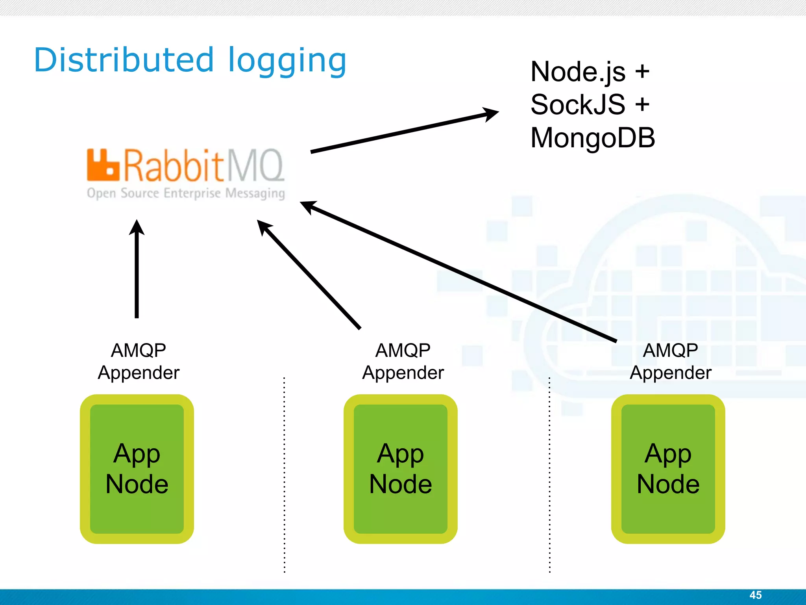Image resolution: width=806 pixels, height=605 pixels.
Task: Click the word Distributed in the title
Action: [x=124, y=60]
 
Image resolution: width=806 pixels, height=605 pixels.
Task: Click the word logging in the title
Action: [x=287, y=61]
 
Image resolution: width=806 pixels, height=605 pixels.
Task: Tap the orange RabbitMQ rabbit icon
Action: [x=103, y=165]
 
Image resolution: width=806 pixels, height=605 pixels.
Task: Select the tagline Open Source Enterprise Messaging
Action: [x=186, y=193]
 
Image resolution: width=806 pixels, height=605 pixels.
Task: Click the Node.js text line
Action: [x=590, y=72]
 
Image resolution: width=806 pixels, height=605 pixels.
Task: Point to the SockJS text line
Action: [x=590, y=105]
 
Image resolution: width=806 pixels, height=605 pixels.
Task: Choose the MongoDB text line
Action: [x=592, y=138]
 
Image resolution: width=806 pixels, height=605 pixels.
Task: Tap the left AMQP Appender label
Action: [x=139, y=361]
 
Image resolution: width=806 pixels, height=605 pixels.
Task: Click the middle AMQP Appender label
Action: [x=403, y=361]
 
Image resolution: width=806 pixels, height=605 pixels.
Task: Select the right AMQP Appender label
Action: [x=671, y=361]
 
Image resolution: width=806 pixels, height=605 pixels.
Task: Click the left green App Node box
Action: [x=137, y=469]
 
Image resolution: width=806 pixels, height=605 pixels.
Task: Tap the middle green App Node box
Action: [x=401, y=469]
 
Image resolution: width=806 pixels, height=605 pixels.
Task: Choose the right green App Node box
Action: [x=668, y=469]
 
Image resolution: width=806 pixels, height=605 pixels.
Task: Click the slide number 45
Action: [x=755, y=595]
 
